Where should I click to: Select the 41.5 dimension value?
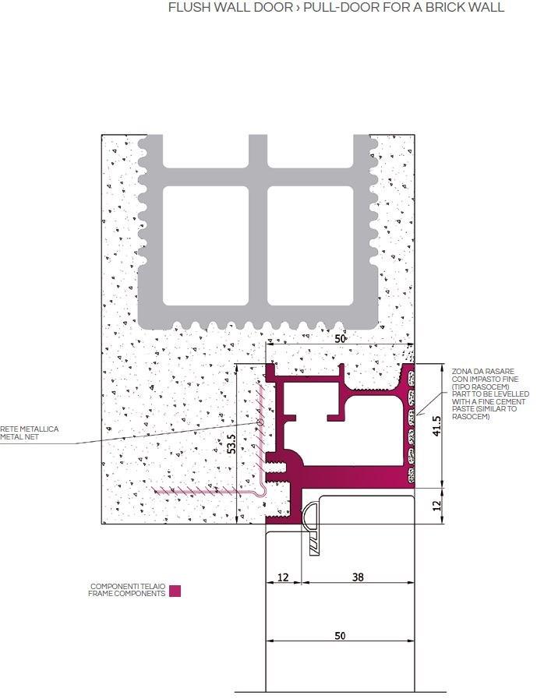(x=436, y=426)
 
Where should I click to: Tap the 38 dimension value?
(x=358, y=577)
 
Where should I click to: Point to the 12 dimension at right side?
(x=436, y=506)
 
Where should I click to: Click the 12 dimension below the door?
(x=283, y=577)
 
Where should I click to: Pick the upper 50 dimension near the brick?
(x=340, y=339)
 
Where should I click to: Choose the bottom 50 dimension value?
(x=340, y=635)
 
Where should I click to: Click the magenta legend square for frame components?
(x=175, y=591)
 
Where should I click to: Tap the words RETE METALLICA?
(x=30, y=429)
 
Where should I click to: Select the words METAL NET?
(x=19, y=437)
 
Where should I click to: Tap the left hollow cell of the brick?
(x=206, y=245)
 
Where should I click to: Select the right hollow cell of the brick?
(x=310, y=245)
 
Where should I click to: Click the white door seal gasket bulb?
(x=307, y=513)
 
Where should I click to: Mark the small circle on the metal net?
(x=260, y=422)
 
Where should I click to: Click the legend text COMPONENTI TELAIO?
(x=128, y=586)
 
